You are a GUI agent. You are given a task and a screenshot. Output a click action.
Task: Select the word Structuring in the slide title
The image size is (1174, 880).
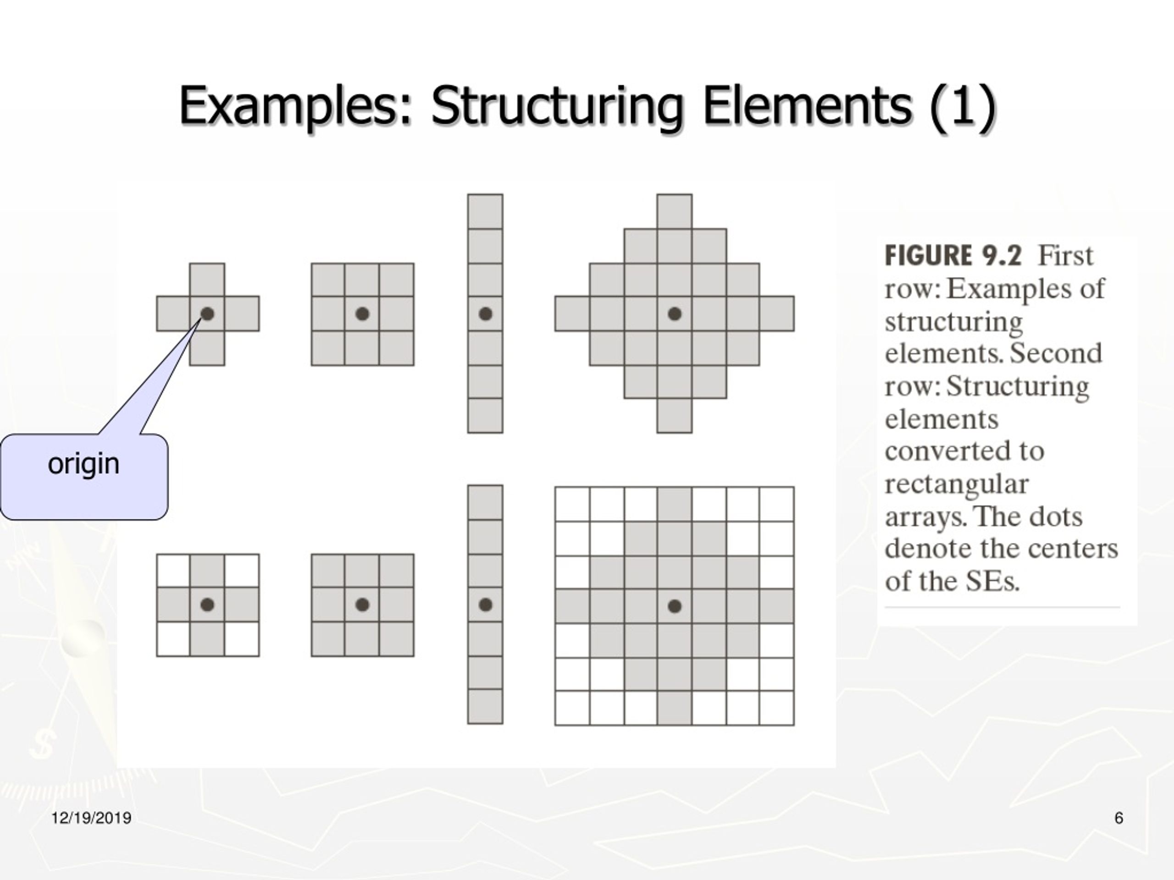[557, 105]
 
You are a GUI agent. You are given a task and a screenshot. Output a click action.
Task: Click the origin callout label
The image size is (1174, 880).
[83, 464]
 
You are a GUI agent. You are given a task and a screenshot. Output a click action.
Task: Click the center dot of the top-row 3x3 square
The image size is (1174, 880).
[362, 314]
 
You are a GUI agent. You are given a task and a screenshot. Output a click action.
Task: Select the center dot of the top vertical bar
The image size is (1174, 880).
[485, 314]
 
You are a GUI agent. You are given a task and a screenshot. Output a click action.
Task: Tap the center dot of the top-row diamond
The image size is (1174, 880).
[675, 314]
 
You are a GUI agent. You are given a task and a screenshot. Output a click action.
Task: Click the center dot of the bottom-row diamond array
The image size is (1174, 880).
[675, 606]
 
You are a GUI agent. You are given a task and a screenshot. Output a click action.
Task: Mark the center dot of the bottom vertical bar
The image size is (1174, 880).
[485, 605]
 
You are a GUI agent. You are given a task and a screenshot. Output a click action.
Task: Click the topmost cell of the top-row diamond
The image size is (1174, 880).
[675, 212]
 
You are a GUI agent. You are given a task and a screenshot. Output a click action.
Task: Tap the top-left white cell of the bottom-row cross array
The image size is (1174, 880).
[173, 571]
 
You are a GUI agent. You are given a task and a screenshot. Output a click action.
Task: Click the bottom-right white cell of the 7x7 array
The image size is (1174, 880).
[777, 708]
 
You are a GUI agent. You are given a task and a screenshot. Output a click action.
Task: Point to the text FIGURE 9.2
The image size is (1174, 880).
[952, 256]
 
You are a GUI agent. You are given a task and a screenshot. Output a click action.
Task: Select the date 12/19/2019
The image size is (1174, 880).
[91, 819]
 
